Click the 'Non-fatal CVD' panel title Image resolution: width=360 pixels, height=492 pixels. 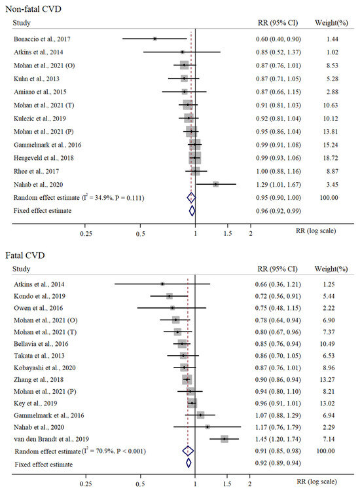point(31,9)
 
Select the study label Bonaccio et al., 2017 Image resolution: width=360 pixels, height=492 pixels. point(43,39)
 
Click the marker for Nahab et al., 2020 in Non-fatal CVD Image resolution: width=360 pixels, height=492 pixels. point(215,185)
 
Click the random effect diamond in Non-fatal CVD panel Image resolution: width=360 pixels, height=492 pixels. point(191,198)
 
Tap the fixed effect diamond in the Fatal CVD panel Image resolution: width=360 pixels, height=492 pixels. point(189,463)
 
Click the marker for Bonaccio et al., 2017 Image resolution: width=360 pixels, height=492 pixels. point(155,39)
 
